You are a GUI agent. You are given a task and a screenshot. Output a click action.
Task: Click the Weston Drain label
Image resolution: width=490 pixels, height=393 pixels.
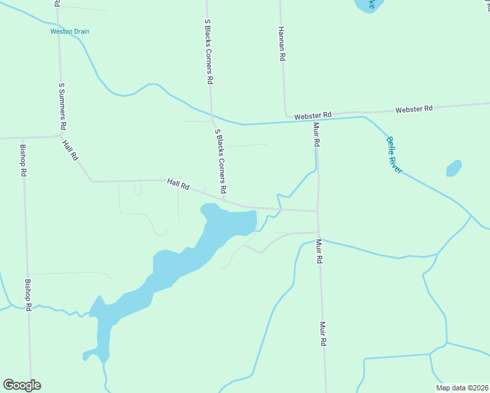[x=70, y=31]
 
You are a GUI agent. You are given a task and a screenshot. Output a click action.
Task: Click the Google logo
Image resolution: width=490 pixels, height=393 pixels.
[x=22, y=384]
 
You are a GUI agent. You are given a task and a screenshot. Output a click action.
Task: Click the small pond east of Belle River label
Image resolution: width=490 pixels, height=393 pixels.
[x=454, y=168]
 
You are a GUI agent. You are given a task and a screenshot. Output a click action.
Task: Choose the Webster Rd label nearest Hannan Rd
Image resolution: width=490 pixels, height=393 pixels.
[x=312, y=115]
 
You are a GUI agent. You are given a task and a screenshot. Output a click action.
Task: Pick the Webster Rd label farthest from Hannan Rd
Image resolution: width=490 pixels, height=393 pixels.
[x=414, y=108]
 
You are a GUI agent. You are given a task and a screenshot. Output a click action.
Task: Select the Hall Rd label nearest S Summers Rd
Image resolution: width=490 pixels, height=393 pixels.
[x=70, y=151]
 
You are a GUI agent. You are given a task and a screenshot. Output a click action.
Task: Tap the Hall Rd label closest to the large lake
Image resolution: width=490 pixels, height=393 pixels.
[x=178, y=185]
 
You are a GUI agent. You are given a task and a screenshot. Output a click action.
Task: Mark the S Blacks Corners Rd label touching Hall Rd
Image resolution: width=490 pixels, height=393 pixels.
[x=221, y=161]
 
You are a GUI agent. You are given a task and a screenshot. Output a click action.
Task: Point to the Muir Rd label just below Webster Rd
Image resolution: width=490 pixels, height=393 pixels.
[x=316, y=134]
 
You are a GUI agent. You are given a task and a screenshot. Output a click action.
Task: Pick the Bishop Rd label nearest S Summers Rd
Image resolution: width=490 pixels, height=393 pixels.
[x=24, y=160]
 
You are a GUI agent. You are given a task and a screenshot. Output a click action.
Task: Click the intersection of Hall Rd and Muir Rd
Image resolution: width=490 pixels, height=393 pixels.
[x=318, y=211]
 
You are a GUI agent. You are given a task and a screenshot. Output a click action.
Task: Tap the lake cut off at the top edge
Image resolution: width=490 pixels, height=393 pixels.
[x=367, y=5]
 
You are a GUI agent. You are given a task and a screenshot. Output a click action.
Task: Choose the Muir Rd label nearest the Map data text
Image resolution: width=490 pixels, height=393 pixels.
[x=323, y=333]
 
